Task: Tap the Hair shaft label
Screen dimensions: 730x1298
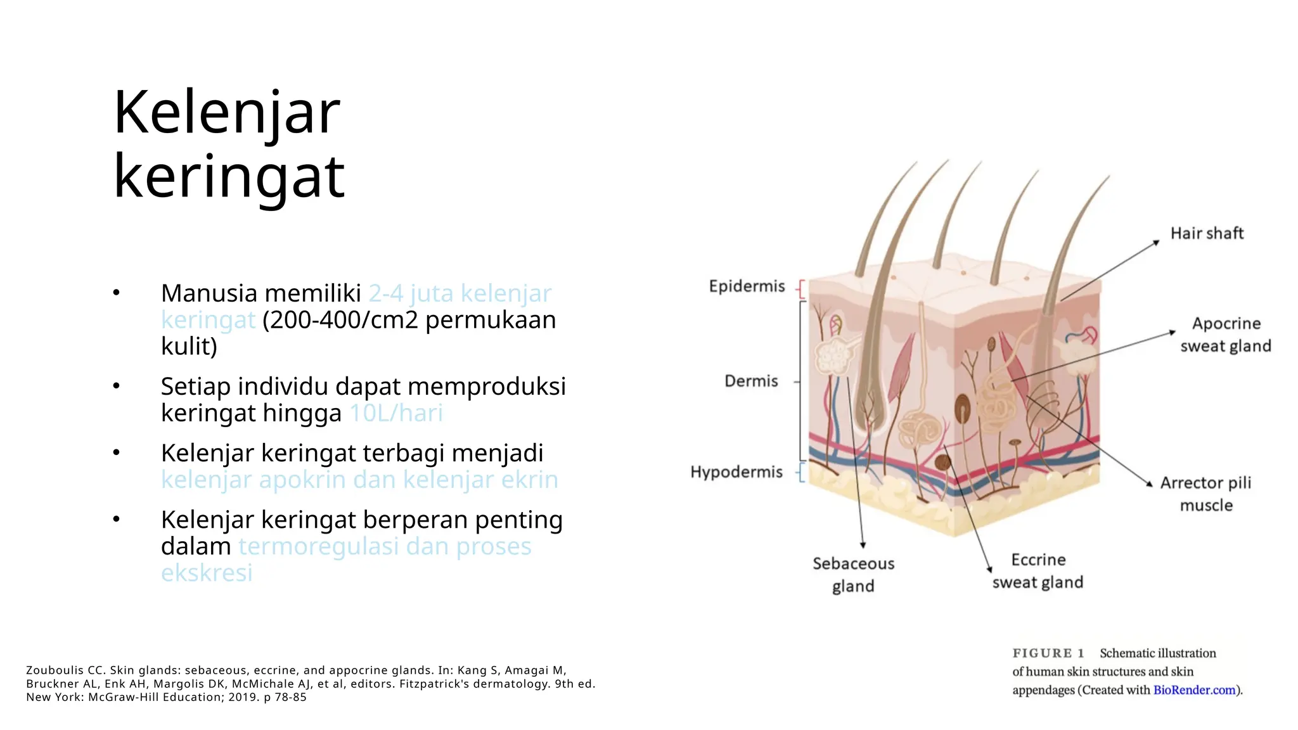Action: point(1206,234)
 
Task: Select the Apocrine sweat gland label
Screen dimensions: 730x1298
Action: point(1225,335)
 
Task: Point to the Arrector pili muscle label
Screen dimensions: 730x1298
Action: point(1205,494)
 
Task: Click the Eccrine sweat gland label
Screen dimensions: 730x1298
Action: point(1038,571)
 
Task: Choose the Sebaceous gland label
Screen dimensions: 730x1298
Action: point(853,575)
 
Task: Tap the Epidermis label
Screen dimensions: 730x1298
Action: point(747,286)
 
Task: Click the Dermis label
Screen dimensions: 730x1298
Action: point(751,381)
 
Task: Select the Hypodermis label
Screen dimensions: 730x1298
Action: point(736,472)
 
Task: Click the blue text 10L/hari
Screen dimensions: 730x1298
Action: point(396,414)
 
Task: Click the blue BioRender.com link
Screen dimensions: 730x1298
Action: point(1194,690)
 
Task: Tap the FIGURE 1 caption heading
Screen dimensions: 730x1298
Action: point(1048,653)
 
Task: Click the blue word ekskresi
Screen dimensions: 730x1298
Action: point(207,573)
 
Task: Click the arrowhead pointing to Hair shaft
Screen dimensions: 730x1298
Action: point(1155,243)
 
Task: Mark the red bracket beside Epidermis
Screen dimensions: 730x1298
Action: point(801,289)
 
